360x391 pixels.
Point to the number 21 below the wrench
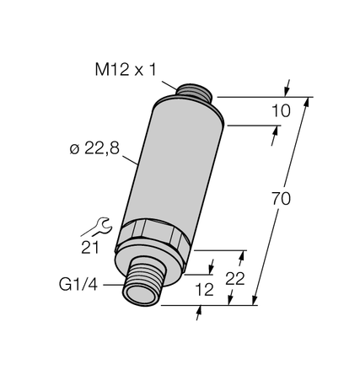coord(90,246)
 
